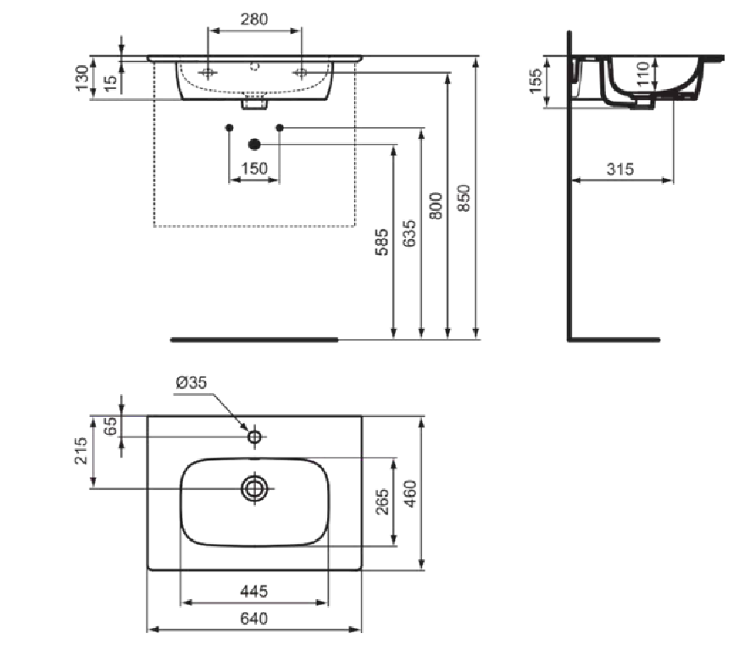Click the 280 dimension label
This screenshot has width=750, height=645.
pyautogui.click(x=254, y=19)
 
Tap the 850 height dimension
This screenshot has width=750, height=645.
pyautogui.click(x=464, y=197)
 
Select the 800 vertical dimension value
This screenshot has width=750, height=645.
pyautogui.click(x=436, y=206)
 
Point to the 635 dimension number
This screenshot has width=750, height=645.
pyautogui.click(x=409, y=233)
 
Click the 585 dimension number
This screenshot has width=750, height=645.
pyautogui.click(x=381, y=242)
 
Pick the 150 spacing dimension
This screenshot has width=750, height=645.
pyautogui.click(x=254, y=169)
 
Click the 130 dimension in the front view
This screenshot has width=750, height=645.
pyautogui.click(x=82, y=78)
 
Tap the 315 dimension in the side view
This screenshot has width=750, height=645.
pyautogui.click(x=619, y=169)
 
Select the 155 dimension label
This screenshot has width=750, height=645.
pyautogui.click(x=536, y=81)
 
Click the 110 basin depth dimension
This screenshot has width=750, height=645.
pyautogui.click(x=643, y=74)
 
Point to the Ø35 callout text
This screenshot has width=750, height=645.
pyautogui.click(x=192, y=382)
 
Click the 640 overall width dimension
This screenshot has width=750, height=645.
pyautogui.click(x=254, y=619)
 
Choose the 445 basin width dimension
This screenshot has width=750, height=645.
pyautogui.click(x=254, y=592)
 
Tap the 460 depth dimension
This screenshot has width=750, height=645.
pyautogui.click(x=410, y=493)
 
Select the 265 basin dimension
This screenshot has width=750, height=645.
pyautogui.click(x=383, y=502)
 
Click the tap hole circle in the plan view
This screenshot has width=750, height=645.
pyautogui.click(x=254, y=431)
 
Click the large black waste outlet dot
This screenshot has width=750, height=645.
pyautogui.click(x=254, y=144)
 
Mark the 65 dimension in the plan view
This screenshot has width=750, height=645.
pyautogui.click(x=110, y=425)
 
